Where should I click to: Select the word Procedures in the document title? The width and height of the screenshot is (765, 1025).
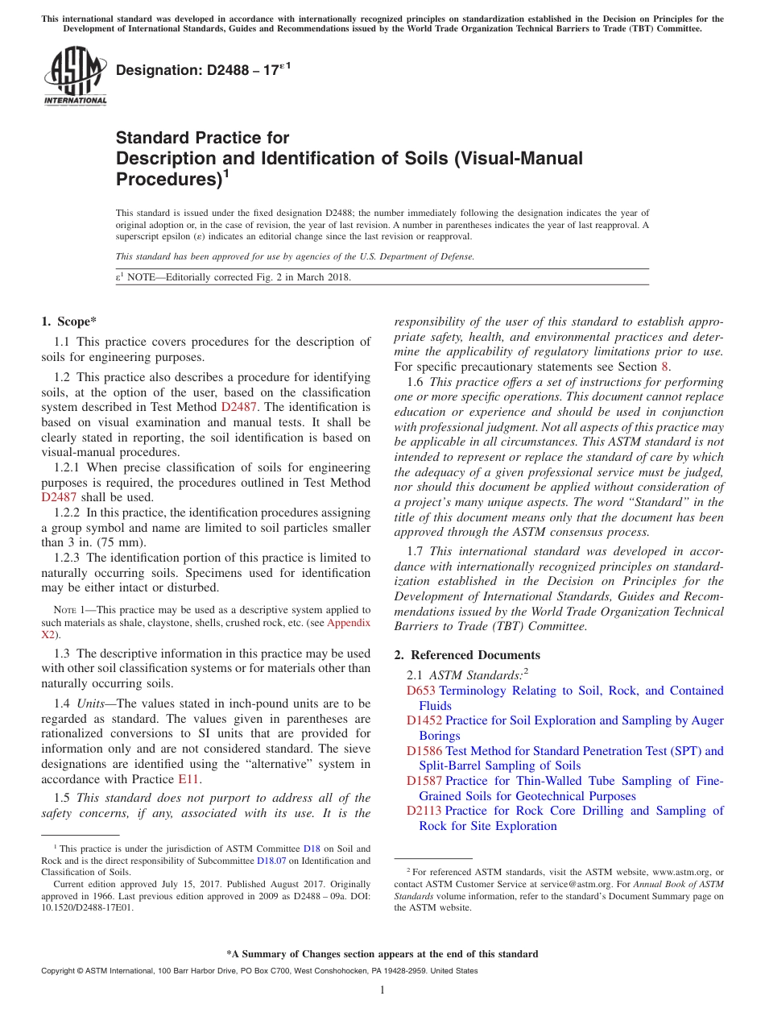click(166, 179)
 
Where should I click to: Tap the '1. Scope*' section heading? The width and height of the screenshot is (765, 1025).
click(69, 321)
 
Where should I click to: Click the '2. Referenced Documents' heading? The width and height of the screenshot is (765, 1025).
click(467, 654)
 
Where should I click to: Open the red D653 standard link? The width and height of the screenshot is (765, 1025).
click(421, 691)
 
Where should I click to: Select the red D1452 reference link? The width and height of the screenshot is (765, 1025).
click(424, 720)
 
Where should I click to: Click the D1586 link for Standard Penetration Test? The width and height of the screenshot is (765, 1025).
click(424, 750)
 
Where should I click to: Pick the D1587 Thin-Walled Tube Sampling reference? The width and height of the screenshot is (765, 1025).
click(424, 781)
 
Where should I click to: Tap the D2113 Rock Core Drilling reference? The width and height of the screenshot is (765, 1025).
click(424, 811)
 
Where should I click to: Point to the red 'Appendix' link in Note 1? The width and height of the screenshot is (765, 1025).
click(348, 622)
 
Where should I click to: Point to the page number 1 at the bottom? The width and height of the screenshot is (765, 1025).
click(382, 990)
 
